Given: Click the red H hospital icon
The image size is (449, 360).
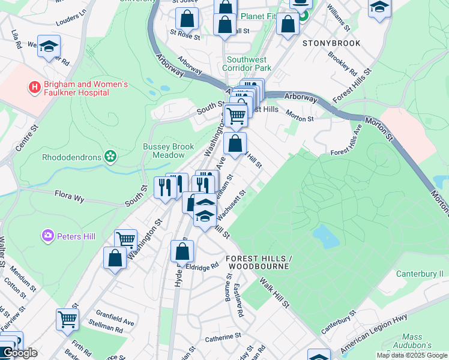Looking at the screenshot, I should [x=34, y=88].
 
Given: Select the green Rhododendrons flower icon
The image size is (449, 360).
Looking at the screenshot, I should [x=110, y=157].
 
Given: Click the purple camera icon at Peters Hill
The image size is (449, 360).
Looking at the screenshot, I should [x=47, y=236].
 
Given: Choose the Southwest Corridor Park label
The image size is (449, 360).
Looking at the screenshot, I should [x=255, y=64].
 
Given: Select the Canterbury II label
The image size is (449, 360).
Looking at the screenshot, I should [x=420, y=274].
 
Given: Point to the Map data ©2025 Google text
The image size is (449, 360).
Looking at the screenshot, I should [x=411, y=355].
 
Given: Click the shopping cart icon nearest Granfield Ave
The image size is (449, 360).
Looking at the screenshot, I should [x=68, y=319].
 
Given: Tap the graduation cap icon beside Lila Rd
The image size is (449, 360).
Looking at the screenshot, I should [x=49, y=46].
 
